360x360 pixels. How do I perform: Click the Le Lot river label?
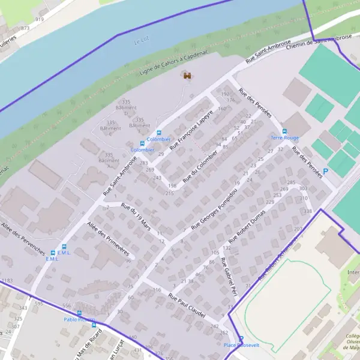tap(141, 41)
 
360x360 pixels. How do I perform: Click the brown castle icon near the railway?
tap(187, 75)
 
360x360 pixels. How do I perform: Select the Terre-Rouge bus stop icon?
tap(284, 131)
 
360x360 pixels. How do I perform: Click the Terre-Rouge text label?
tap(284, 138)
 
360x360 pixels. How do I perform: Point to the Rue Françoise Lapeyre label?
tap(191, 130)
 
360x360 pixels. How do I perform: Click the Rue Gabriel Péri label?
tap(227, 277)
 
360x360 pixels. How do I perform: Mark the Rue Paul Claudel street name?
tap(187, 305)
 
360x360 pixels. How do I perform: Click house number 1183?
tap(7, 281)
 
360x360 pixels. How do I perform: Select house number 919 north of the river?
tap(40, 19)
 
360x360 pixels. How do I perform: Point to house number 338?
tap(308, 211)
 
